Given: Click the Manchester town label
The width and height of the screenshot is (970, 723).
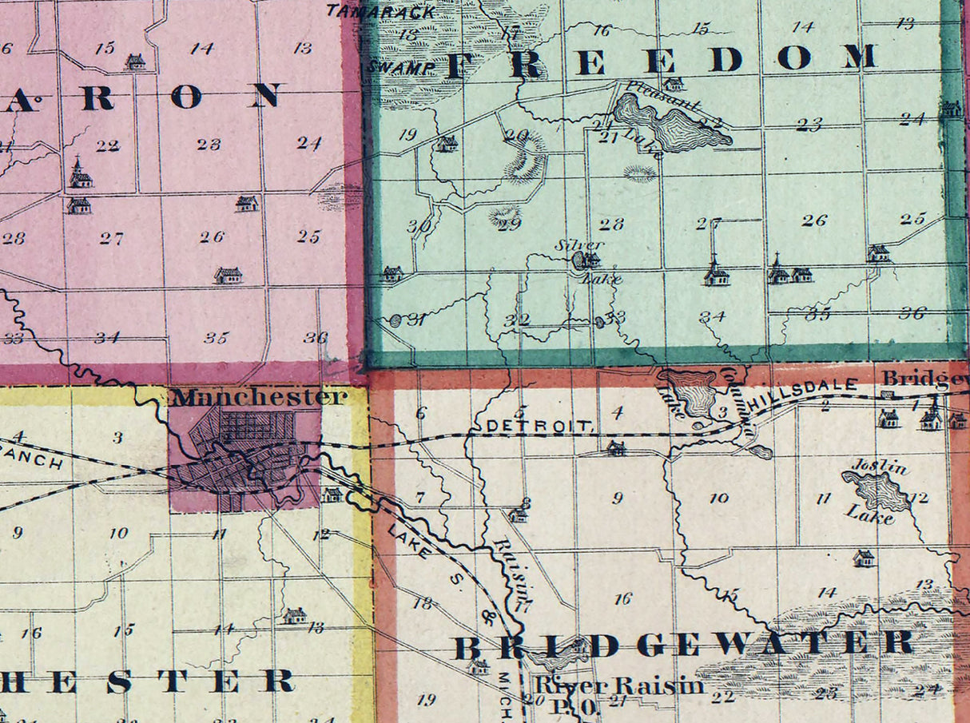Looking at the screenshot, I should pos(260,397).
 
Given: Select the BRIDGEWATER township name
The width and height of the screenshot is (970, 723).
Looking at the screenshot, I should pos(684,644).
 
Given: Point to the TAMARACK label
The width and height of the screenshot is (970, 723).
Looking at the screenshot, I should pos(380,12).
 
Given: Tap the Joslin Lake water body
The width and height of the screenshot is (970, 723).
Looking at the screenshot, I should pos(877,490).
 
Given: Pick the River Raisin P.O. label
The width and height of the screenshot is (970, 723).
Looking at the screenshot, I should pos(619,692).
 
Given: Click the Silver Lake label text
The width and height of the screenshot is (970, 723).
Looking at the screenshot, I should pos(581,244).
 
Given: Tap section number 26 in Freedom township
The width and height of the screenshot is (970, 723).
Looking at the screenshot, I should pos(813,220).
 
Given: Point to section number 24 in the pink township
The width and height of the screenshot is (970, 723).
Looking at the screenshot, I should pos(308,143).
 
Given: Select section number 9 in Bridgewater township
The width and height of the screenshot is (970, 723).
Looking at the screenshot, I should pos(617,499).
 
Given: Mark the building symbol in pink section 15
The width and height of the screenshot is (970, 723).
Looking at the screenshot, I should pos(136,61).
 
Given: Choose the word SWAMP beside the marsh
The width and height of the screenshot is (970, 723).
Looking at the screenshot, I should pos(391,68).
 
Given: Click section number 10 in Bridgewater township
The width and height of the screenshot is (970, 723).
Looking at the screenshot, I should pos(718,499).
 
